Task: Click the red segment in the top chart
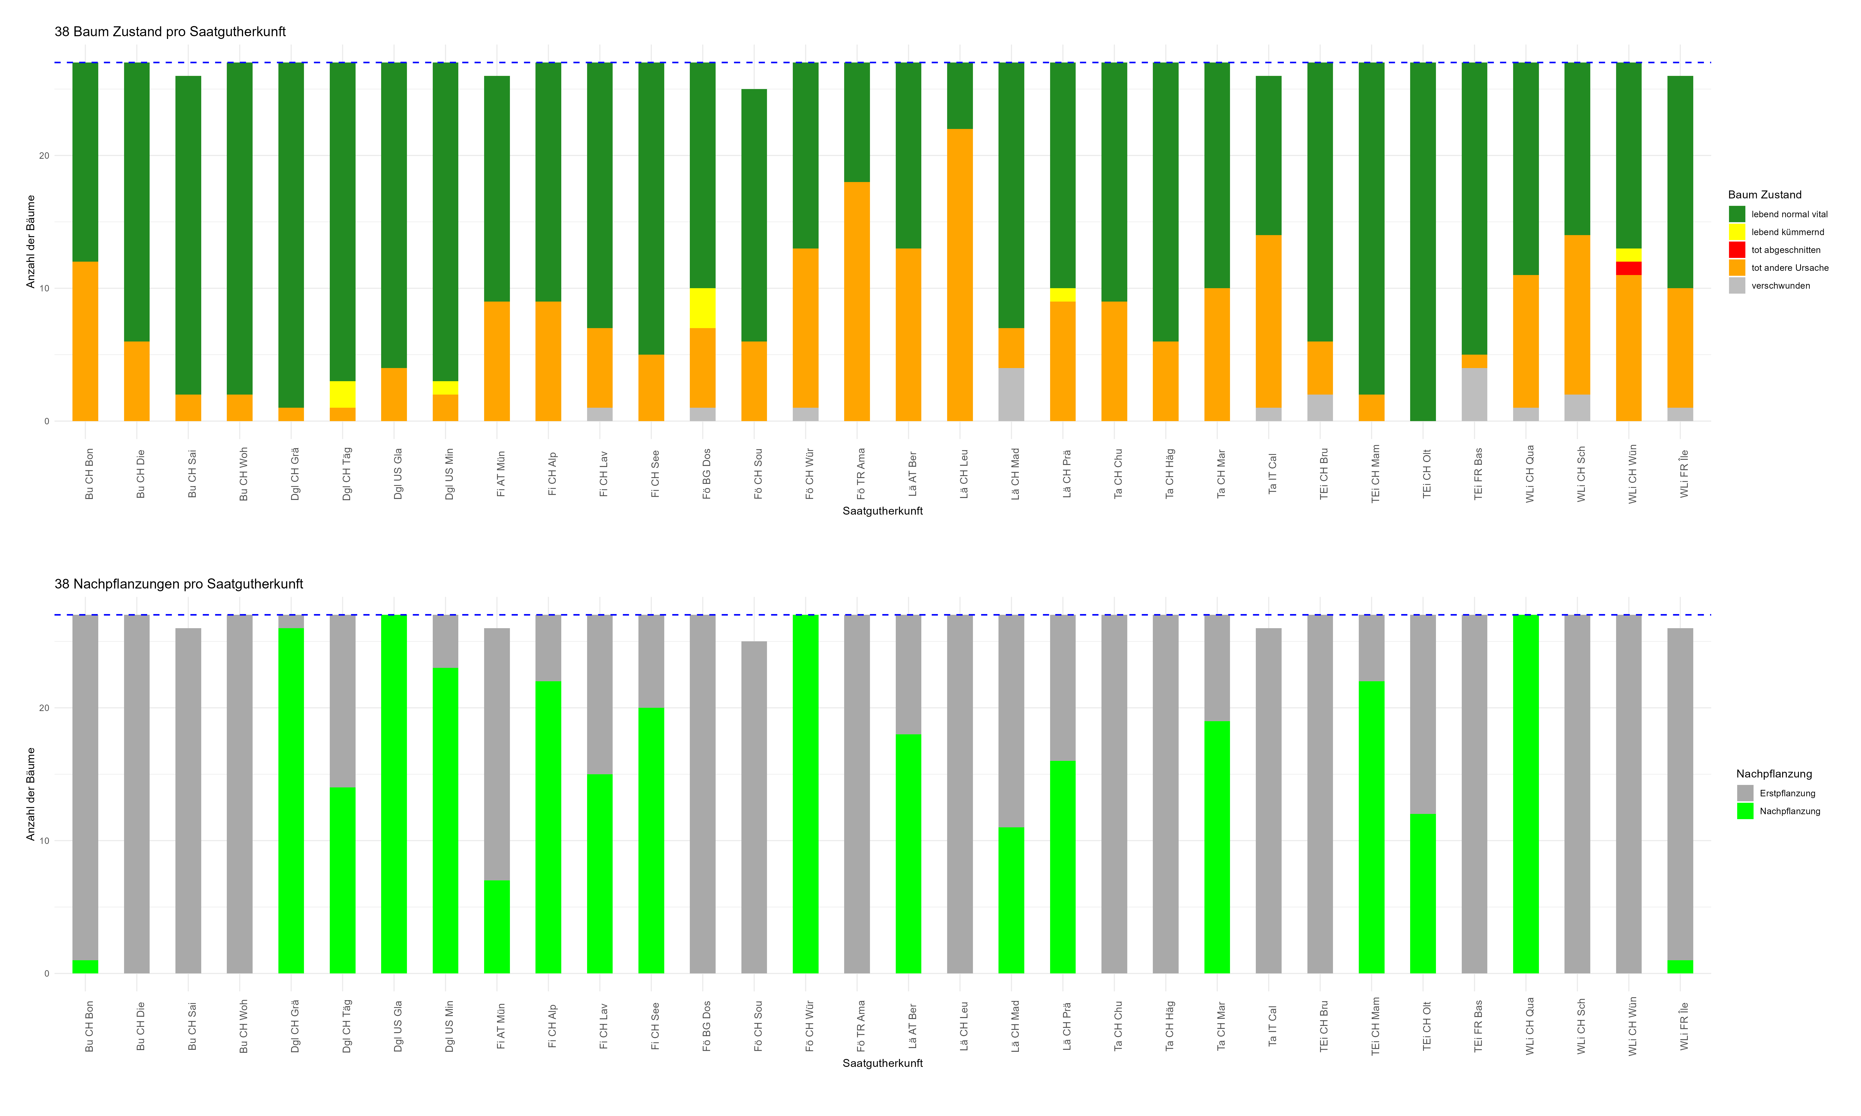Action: [x=1628, y=269]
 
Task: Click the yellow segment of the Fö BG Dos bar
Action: [x=702, y=308]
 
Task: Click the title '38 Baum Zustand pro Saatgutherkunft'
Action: [x=170, y=31]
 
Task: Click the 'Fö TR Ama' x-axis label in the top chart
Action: [x=861, y=474]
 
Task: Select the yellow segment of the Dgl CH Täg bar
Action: [x=342, y=394]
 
